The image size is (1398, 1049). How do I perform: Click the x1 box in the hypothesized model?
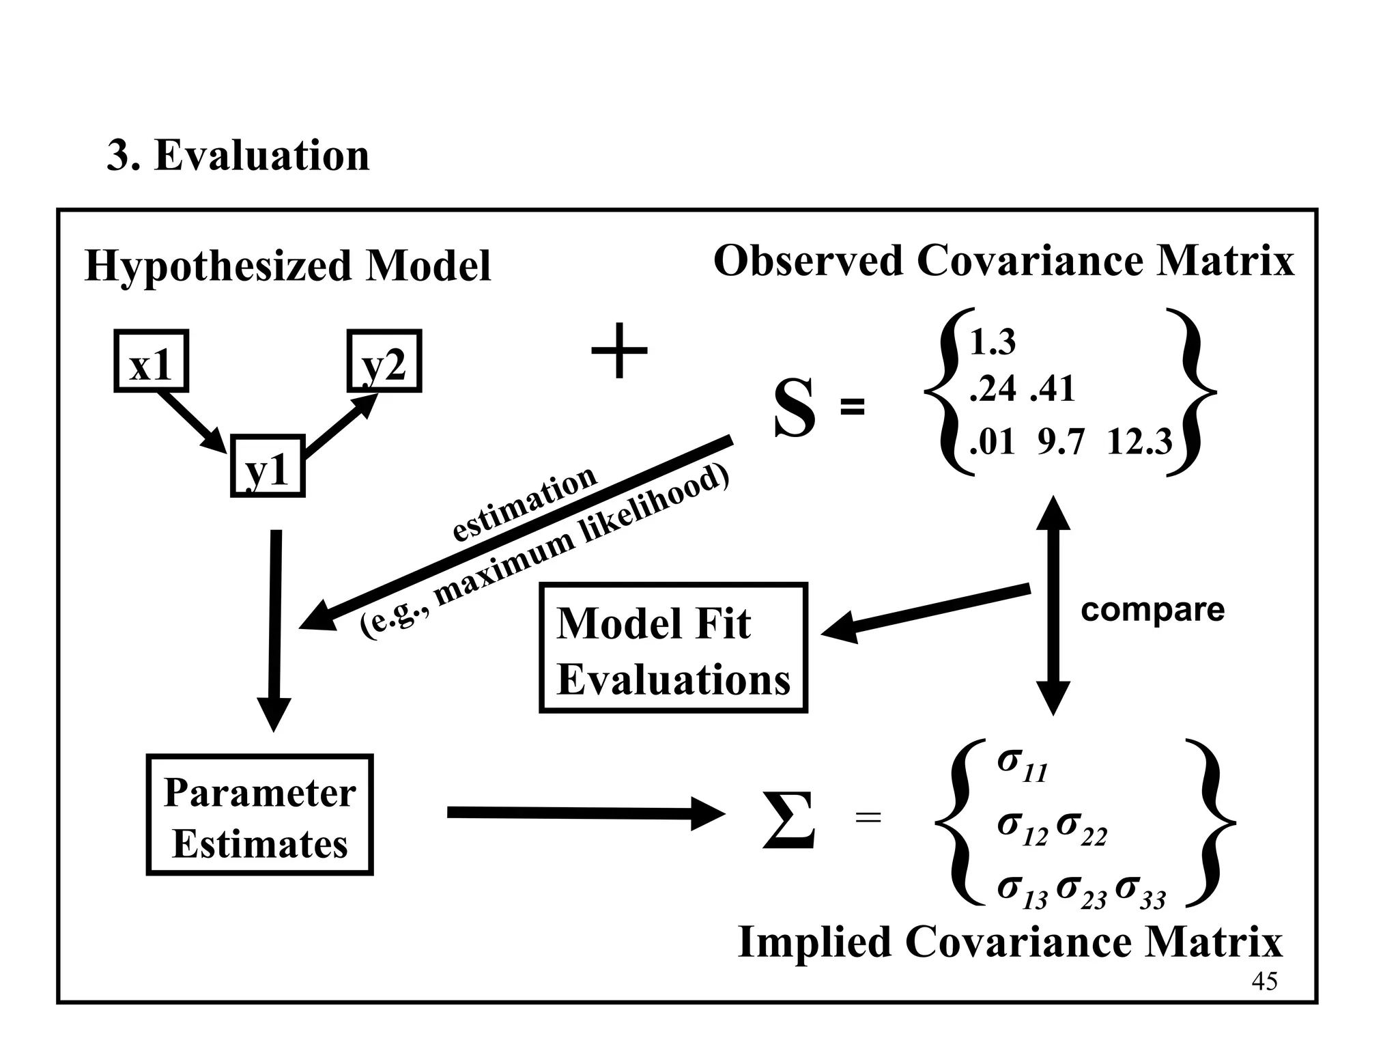click(151, 361)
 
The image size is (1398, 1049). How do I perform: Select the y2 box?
click(384, 361)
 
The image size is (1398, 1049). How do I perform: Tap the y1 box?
click(268, 466)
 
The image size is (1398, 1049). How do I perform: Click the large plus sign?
click(618, 352)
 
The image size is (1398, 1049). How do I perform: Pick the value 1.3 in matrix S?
click(993, 342)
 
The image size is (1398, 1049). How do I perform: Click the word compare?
click(1152, 609)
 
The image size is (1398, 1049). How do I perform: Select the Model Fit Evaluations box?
click(673, 648)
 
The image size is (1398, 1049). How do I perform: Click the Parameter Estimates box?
click(259, 815)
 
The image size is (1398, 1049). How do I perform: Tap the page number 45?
click(1264, 981)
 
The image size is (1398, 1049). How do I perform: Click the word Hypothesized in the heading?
click(218, 266)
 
